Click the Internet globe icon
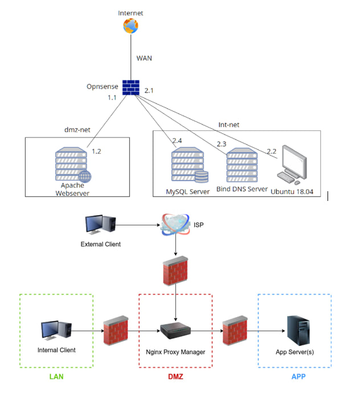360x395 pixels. coord(130,26)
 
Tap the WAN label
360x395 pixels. coord(144,58)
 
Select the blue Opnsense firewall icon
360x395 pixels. coord(131,88)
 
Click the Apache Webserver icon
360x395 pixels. coord(73,164)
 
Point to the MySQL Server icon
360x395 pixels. coord(190,164)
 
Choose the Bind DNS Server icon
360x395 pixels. coord(242,164)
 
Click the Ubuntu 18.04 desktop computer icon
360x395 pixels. coord(292,165)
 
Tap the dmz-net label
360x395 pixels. coord(77,130)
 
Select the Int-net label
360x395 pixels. coord(228,125)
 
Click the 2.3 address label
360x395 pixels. coord(222,144)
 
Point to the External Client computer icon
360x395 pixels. coord(101,224)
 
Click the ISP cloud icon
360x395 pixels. coord(175,224)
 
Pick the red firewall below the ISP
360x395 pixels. coord(175,271)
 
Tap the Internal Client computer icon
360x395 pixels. coord(56,331)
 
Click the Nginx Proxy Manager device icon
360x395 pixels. coord(175,331)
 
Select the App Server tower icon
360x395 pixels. coord(298,331)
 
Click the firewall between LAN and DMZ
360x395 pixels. coord(116,331)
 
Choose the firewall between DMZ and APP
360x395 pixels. coord(235,331)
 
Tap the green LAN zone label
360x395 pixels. coord(56,377)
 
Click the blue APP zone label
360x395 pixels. coord(298,377)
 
